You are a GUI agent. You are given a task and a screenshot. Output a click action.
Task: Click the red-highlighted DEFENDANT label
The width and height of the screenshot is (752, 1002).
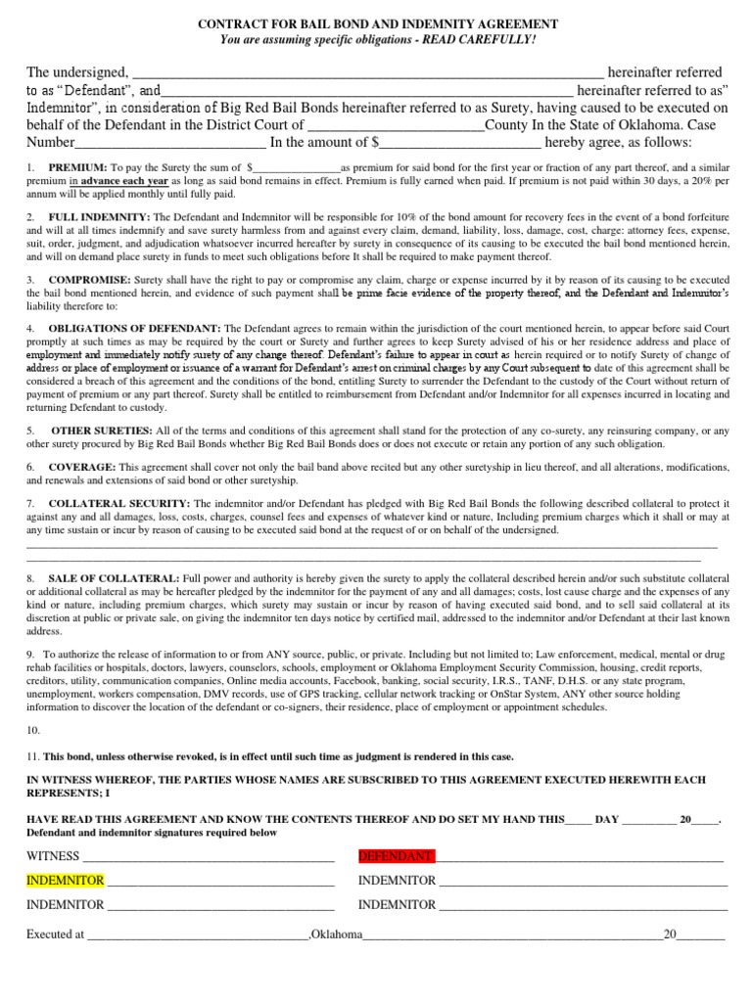click(396, 856)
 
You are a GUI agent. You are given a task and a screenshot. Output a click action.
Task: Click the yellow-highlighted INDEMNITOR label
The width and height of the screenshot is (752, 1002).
click(65, 880)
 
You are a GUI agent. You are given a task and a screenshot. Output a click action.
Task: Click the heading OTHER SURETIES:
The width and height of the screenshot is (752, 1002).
click(102, 430)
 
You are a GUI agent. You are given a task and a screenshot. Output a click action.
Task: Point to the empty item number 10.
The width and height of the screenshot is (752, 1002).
click(33, 730)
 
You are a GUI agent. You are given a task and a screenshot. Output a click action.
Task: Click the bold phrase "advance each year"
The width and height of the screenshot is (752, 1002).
click(124, 181)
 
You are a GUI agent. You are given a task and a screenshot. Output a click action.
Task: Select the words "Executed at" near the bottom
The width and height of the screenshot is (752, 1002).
click(55, 934)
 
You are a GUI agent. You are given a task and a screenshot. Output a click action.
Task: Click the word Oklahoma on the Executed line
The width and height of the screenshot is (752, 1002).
click(337, 934)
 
